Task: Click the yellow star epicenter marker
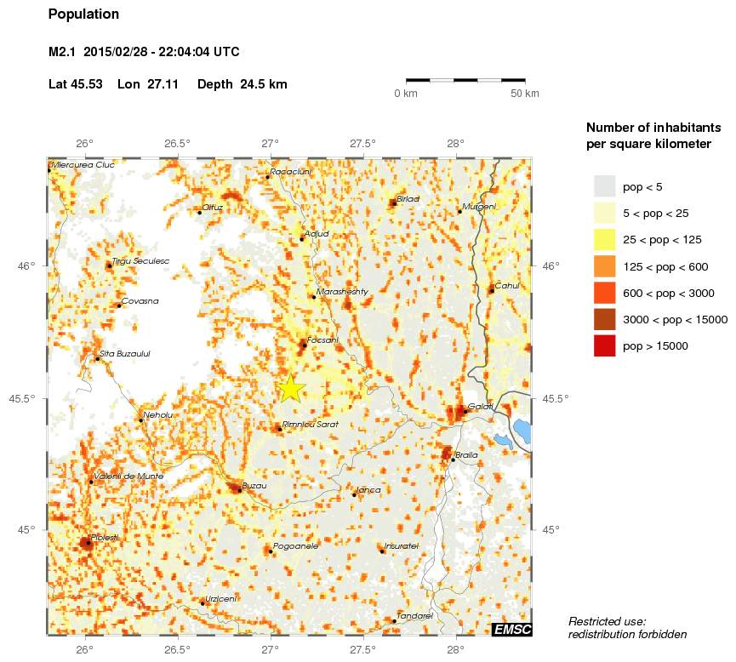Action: point(290,387)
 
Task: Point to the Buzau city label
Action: point(254,486)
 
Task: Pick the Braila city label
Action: point(467,455)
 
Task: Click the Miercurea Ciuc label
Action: point(83,165)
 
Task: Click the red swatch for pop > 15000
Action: point(604,345)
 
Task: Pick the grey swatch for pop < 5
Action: point(604,185)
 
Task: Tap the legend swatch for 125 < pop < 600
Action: point(604,266)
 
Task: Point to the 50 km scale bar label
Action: point(525,94)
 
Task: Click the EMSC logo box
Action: point(512,629)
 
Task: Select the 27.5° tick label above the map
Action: point(362,143)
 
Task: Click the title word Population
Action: point(83,14)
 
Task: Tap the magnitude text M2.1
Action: point(63,53)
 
